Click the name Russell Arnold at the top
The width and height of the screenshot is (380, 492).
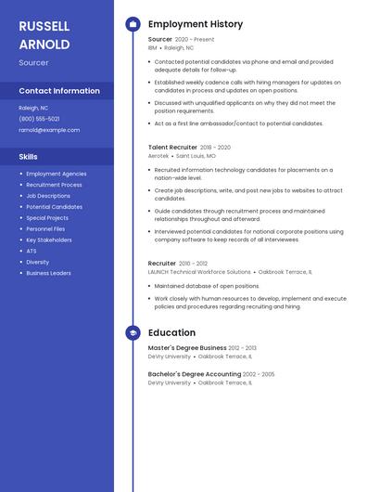pos(44,34)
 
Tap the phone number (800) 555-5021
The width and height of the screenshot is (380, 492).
pos(39,119)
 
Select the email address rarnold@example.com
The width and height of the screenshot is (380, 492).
pos(49,130)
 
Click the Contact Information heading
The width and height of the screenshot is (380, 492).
pos(59,91)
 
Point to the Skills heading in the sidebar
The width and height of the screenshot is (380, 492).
pos(28,157)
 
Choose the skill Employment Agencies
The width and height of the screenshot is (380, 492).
pos(57,174)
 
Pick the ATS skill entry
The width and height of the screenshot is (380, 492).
pos(32,251)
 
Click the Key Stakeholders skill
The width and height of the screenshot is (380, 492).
pos(49,240)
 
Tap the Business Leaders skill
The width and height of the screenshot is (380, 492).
pos(48,273)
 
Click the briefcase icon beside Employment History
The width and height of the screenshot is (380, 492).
pos(133,23)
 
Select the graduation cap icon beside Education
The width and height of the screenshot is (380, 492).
pos(133,332)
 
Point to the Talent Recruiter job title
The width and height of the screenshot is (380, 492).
pos(172,148)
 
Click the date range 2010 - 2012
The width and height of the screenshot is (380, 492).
pos(194,264)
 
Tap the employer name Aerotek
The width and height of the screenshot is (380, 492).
pos(158,156)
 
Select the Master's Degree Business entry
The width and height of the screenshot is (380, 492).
pos(187,348)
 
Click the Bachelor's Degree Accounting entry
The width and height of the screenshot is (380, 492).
pos(196,374)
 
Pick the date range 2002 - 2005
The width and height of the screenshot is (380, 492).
pos(260,374)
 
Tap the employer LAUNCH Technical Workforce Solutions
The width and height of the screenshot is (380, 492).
pos(199,272)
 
